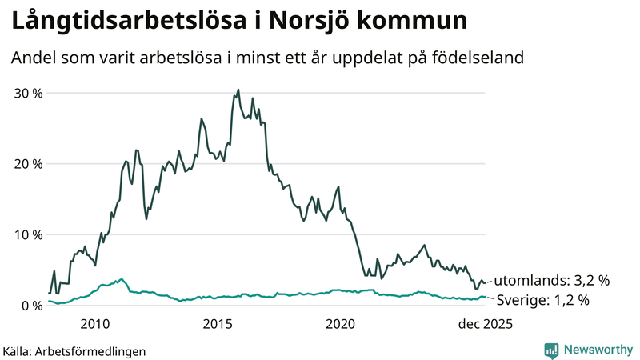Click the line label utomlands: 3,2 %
551,281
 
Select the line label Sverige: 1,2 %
542,301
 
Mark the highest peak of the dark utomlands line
238,90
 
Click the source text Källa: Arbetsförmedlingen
74,350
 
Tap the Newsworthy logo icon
551,350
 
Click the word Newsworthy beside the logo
596,350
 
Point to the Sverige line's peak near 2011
121,279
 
